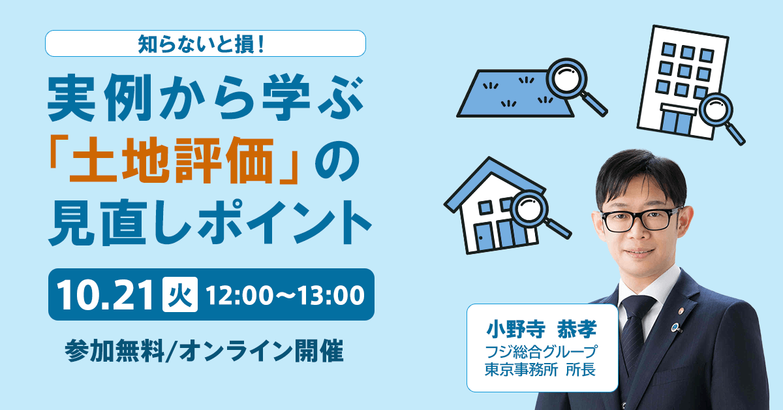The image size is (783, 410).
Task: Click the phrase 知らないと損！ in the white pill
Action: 201,44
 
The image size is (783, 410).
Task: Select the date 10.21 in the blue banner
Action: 105,294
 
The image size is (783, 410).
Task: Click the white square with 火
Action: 179,294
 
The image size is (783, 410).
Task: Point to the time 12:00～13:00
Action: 285,295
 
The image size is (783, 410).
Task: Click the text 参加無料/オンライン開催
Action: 204,351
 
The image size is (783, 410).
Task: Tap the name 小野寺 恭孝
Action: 542,329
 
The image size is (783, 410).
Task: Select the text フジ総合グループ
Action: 541,352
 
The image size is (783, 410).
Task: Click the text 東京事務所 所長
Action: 540,370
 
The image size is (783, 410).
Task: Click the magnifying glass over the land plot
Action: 574,84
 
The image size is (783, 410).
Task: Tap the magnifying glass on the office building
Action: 721,116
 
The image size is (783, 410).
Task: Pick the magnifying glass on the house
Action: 536,213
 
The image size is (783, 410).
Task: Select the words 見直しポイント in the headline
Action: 209,223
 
